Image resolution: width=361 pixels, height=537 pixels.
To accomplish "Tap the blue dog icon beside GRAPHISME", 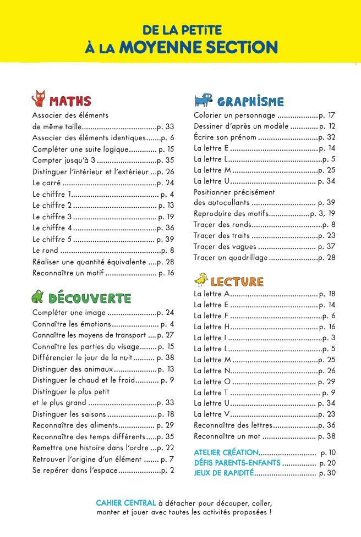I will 203,100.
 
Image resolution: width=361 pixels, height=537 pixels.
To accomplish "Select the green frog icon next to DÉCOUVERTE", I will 37,297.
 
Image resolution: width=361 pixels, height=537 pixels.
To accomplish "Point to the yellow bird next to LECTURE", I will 201,280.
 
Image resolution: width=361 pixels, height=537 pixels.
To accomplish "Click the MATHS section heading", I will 70,101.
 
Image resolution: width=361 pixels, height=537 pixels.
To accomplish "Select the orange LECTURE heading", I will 237,281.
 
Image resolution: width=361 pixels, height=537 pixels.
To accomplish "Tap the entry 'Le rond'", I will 46,250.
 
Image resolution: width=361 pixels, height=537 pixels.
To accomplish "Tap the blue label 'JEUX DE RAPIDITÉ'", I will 223,473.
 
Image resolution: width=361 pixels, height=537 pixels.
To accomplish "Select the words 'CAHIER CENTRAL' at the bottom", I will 125,503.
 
